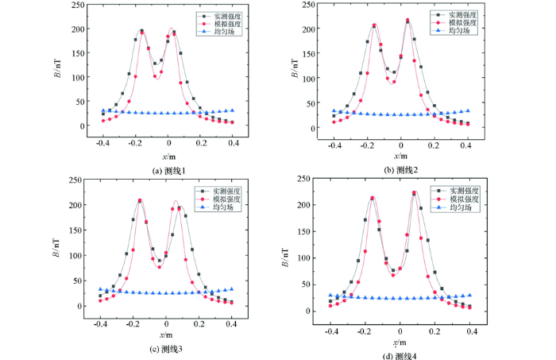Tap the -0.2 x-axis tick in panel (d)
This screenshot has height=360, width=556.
click(x=365, y=327)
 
